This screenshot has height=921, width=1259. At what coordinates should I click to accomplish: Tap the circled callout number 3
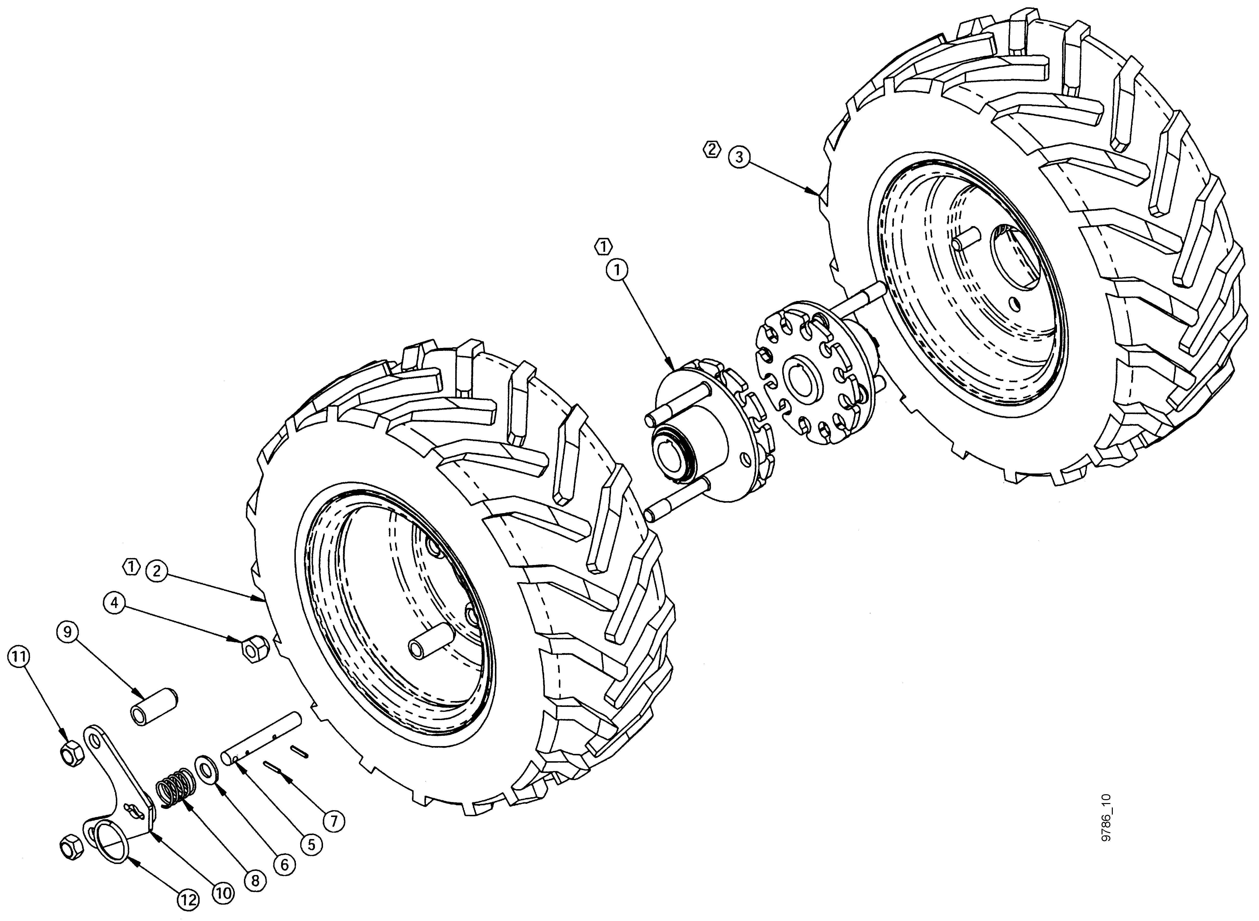pos(740,157)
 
